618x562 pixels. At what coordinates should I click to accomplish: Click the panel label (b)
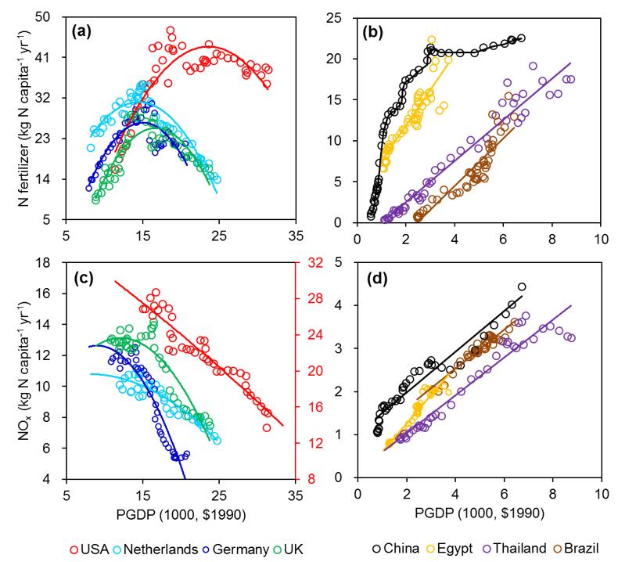click(x=376, y=32)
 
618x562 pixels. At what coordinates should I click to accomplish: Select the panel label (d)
click(x=376, y=276)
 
